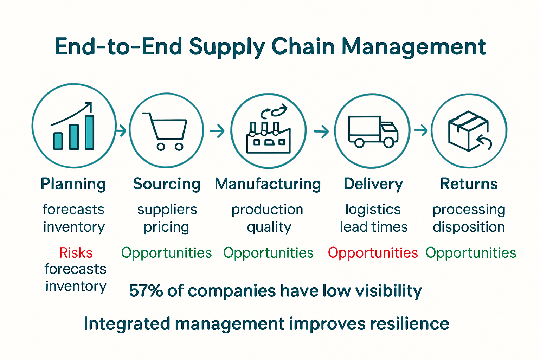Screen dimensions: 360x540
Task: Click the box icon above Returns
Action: (x=468, y=131)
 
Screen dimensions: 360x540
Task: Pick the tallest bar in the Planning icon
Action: (x=90, y=132)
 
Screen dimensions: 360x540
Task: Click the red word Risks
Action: (x=76, y=253)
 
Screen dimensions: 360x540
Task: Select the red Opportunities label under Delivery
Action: (x=373, y=253)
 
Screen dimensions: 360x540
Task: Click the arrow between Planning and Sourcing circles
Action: (x=121, y=131)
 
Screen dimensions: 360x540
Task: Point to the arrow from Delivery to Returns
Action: (x=421, y=130)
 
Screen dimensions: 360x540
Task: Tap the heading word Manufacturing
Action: (x=268, y=184)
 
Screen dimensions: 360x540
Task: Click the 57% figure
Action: (x=146, y=291)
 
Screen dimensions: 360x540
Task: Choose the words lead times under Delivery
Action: (x=374, y=227)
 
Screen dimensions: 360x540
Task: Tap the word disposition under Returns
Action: (x=469, y=227)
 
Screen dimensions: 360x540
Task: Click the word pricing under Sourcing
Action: (x=167, y=227)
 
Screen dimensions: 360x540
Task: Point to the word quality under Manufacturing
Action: (x=269, y=227)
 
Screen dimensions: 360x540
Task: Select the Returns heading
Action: (x=469, y=184)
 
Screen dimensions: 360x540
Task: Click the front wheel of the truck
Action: (x=388, y=142)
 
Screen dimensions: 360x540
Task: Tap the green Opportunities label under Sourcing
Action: (x=166, y=253)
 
